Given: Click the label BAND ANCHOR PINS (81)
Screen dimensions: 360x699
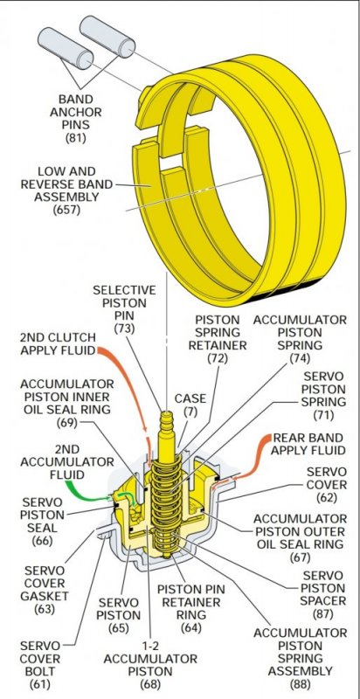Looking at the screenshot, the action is (x=76, y=118).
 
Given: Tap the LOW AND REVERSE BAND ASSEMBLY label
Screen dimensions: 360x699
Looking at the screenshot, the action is (x=66, y=190).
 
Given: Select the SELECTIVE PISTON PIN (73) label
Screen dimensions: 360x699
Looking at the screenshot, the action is (x=124, y=309).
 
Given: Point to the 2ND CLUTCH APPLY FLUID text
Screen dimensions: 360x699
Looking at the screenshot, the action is (x=58, y=343).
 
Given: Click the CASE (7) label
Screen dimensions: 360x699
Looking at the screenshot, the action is (x=190, y=405).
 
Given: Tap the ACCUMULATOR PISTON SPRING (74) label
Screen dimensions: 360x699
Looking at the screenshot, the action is (x=300, y=339).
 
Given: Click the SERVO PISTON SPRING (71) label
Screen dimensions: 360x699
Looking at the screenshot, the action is (x=323, y=396).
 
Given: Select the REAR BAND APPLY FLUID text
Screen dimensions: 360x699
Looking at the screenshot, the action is (x=308, y=444).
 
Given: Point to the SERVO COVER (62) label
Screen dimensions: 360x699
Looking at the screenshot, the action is (x=327, y=485).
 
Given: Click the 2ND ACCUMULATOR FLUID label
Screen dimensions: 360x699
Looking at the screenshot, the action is (x=66, y=462).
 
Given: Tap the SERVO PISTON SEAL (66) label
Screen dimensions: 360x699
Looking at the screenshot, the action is (x=42, y=522).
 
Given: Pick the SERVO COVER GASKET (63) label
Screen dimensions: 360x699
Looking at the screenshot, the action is (x=45, y=589).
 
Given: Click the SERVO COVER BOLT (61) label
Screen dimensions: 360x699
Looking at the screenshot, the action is (x=40, y=664).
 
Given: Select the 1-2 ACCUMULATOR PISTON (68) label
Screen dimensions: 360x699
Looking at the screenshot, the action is (x=150, y=664).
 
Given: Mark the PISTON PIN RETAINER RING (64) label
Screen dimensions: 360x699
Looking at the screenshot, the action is (x=190, y=608).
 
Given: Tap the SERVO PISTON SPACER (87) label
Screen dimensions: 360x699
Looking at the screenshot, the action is (x=323, y=595).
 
